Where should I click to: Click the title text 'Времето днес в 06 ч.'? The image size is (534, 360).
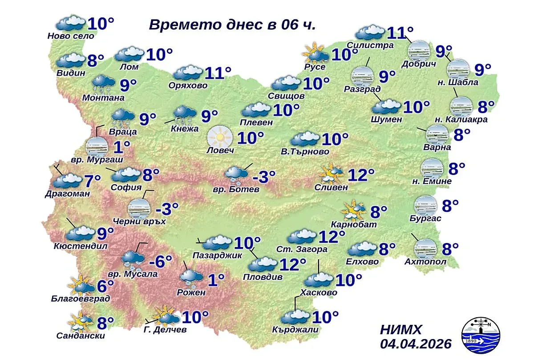point(232,24)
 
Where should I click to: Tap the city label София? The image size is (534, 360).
point(127,187)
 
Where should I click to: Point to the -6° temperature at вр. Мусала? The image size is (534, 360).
point(160,262)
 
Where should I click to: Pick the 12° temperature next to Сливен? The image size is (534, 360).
point(361,175)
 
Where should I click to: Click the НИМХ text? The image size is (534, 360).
point(400,330)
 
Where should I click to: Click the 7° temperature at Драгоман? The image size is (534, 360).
point(93,181)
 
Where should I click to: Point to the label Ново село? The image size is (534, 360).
point(71,36)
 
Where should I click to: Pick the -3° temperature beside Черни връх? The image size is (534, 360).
point(167,208)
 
